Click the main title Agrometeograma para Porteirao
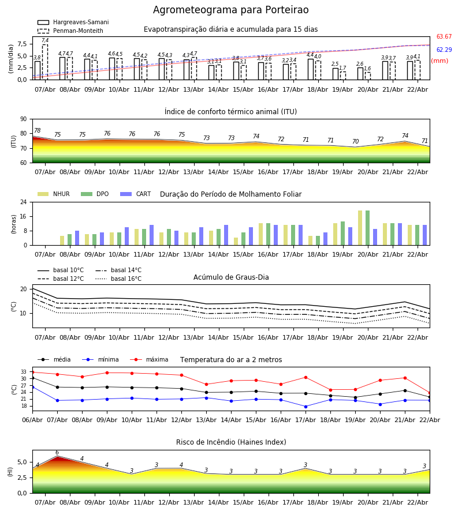coord(231,10)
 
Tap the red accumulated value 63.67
coord(444,37)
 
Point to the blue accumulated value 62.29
coord(444,50)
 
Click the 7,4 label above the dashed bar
coord(45,40)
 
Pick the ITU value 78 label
coord(37,131)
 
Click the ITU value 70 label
coord(355,142)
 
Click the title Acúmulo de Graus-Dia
coord(231,277)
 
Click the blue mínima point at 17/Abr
coord(305,407)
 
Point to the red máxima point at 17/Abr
coord(305,377)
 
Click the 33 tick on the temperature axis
coord(24,372)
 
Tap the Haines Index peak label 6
coord(57,453)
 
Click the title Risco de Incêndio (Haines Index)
coord(231,442)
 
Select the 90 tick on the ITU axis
coord(23,119)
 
